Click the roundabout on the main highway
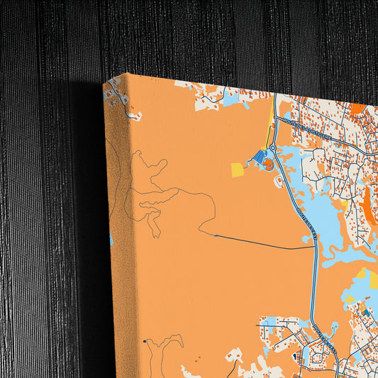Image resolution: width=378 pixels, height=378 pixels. [x=272, y=148]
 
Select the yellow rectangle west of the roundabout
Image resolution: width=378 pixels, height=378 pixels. [x=237, y=169]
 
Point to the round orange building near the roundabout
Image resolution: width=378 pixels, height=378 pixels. [x=268, y=165]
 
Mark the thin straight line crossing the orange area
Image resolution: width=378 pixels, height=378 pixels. [x=262, y=243]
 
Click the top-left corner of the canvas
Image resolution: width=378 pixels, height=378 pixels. [x=127, y=72]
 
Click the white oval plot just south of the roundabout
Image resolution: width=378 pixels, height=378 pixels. [x=279, y=182]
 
